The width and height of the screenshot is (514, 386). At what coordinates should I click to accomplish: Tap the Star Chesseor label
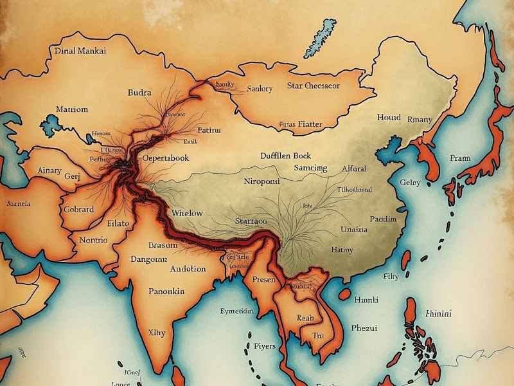pyautogui.click(x=314, y=85)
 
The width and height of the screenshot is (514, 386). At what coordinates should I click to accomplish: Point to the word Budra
pyautogui.click(x=139, y=93)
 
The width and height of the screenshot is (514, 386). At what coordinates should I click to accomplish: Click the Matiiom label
pyautogui.click(x=72, y=109)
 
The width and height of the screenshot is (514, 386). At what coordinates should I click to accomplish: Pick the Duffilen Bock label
pyautogui.click(x=286, y=156)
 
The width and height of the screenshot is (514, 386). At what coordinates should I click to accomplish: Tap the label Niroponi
pyautogui.click(x=263, y=181)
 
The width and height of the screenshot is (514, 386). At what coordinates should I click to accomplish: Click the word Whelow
pyautogui.click(x=187, y=213)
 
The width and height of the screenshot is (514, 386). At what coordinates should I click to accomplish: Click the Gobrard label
pyautogui.click(x=78, y=209)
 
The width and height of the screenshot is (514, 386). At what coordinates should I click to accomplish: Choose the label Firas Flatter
pyautogui.click(x=301, y=124)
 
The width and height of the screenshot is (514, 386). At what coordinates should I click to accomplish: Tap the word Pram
pyautogui.click(x=460, y=158)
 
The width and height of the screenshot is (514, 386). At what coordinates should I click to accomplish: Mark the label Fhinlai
pyautogui.click(x=438, y=314)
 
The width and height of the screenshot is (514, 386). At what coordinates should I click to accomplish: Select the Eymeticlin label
pyautogui.click(x=237, y=311)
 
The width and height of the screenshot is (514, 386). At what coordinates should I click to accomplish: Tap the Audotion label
pyautogui.click(x=188, y=269)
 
